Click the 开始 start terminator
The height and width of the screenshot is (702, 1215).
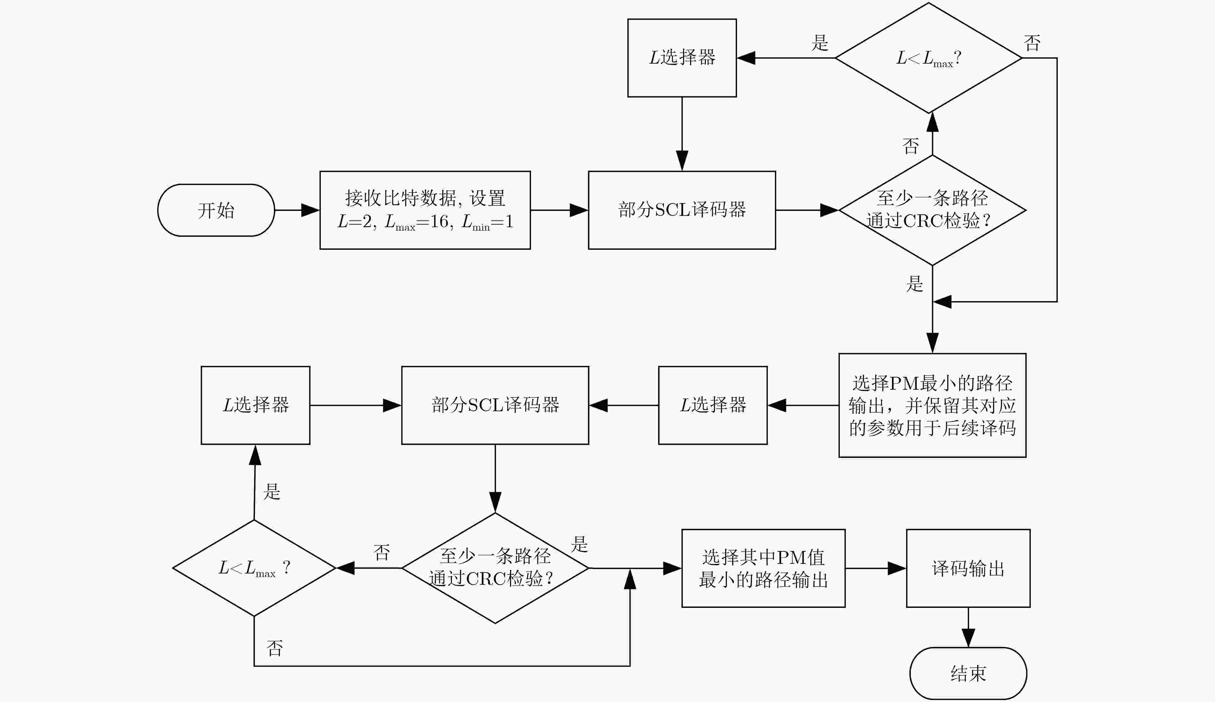(x=216, y=210)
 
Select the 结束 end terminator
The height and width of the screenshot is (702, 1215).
(x=968, y=673)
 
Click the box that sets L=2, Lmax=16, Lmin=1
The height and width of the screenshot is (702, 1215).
(x=425, y=210)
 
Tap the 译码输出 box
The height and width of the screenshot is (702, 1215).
(x=968, y=568)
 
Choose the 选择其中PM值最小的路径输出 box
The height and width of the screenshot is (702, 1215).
(x=763, y=568)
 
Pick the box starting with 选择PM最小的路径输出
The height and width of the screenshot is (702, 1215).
(x=932, y=405)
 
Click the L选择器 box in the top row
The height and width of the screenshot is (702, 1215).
(x=682, y=58)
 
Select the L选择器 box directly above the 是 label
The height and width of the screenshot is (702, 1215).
(x=255, y=405)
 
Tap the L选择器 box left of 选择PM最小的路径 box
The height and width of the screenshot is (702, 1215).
(x=713, y=405)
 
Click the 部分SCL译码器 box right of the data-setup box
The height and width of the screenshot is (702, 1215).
(x=682, y=210)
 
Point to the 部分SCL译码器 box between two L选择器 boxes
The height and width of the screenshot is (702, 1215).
(x=495, y=405)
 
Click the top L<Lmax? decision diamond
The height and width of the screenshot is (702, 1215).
(x=929, y=58)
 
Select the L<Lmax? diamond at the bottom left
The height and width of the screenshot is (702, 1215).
(x=254, y=568)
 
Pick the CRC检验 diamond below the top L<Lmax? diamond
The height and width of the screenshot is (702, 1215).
(x=932, y=210)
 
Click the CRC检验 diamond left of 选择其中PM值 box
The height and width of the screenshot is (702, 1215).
(x=495, y=568)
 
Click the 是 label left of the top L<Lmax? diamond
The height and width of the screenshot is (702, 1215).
(x=820, y=43)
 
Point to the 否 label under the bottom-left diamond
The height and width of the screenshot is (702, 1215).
(x=275, y=648)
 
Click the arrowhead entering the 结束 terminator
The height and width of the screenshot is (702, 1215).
(x=968, y=638)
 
